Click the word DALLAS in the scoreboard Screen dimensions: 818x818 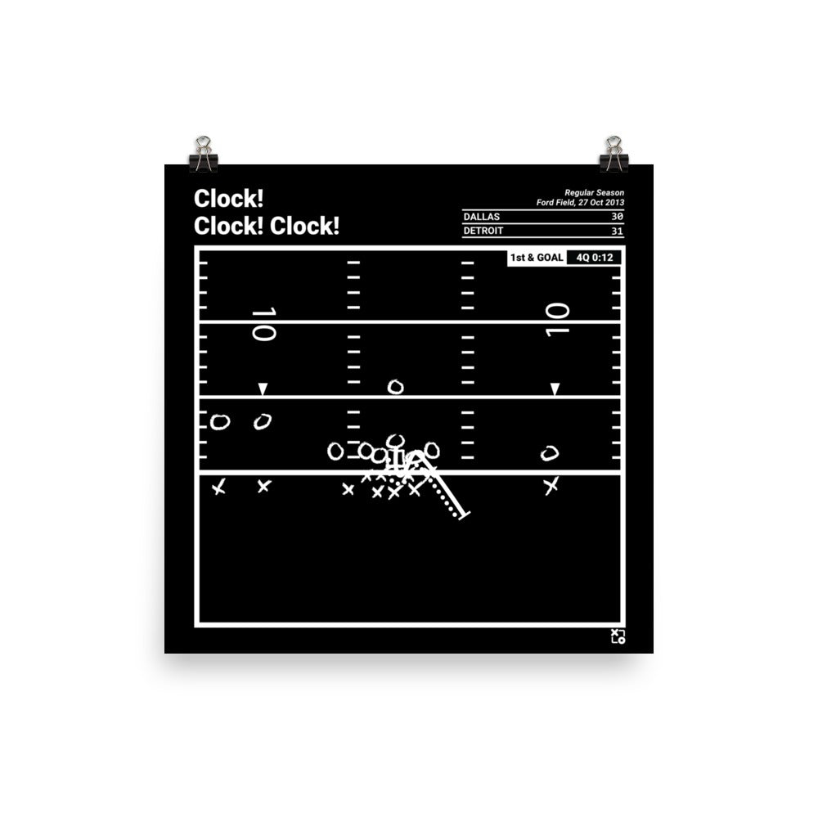pos(481,217)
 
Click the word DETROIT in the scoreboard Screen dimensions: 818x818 pos(483,231)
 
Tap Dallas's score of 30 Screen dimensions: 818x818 pos(618,217)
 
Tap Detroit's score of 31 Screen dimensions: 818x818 pos(618,231)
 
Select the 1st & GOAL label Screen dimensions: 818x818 pos(536,258)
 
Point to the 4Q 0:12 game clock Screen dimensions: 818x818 pos(594,258)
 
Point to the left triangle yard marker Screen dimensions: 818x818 pos(263,389)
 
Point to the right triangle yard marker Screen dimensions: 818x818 pos(555,389)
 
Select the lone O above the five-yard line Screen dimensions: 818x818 pos(395,387)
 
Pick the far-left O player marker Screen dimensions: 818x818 pos(219,422)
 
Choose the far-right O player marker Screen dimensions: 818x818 pos(550,453)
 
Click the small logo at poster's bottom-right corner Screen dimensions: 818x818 pos(618,636)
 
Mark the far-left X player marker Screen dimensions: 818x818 pos(218,488)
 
